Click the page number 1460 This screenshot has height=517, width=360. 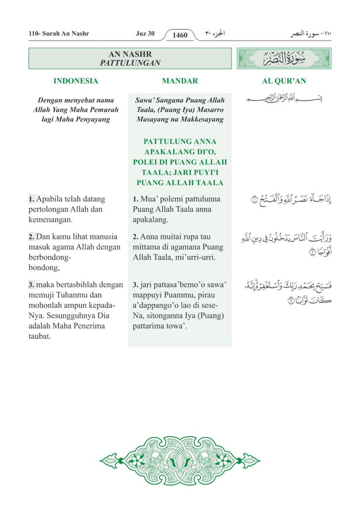pyautogui.click(x=180, y=35)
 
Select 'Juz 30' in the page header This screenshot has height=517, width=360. pyautogui.click(x=145, y=34)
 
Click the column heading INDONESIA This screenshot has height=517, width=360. pyautogui.click(x=76, y=81)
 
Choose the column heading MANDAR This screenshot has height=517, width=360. pyautogui.click(x=180, y=81)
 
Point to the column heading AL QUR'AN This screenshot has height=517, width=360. pyautogui.click(x=284, y=81)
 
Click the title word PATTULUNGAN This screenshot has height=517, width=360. pyautogui.click(x=130, y=63)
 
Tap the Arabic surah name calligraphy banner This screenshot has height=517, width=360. pyautogui.click(x=284, y=58)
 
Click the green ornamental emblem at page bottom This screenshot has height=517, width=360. pyautogui.click(x=180, y=460)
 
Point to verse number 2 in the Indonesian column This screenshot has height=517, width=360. pyautogui.click(x=32, y=237)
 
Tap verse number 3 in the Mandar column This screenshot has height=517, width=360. pyautogui.click(x=135, y=285)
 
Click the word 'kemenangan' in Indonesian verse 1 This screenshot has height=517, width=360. pyautogui.click(x=50, y=220)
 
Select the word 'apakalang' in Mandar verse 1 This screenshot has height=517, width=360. pyautogui.click(x=150, y=220)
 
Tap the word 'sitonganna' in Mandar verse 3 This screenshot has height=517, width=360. pyautogui.click(x=161, y=316)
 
